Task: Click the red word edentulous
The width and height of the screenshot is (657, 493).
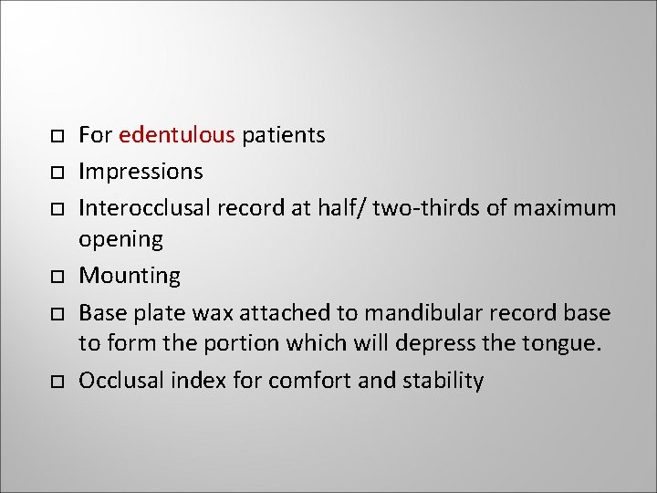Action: [x=177, y=136]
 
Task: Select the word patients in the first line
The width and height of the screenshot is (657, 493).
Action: [x=283, y=136]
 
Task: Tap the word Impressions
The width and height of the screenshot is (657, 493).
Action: [x=141, y=172]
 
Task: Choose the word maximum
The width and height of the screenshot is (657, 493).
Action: [x=565, y=207]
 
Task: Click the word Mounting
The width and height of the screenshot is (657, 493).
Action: [x=130, y=276]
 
